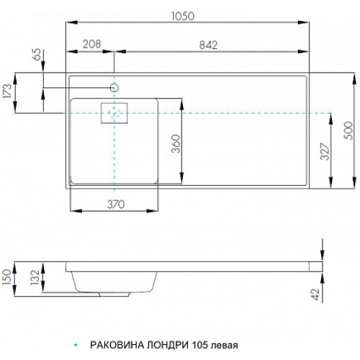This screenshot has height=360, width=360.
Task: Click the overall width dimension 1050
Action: (183, 17)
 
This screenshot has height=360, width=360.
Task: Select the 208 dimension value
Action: (92, 44)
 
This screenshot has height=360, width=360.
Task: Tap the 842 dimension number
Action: (208, 45)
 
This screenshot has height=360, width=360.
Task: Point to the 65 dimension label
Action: (38, 55)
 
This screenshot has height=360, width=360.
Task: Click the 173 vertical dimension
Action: (7, 91)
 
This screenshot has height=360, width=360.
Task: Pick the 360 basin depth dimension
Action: (176, 143)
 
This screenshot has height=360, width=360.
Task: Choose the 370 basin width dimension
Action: (116, 204)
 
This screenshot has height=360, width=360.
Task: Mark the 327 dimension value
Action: (325, 151)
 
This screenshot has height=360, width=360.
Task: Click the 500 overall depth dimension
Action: (348, 130)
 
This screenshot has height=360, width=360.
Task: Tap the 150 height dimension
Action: (6, 277)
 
